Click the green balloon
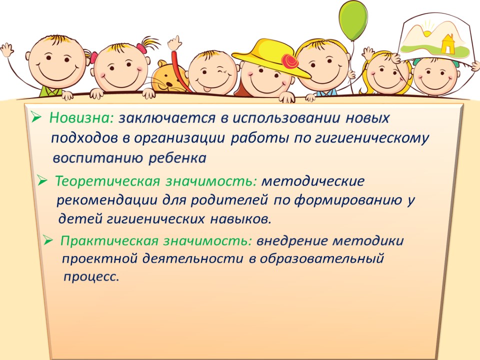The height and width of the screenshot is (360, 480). point(353,21)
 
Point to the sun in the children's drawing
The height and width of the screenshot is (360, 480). point(427,31)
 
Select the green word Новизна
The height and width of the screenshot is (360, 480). point(81,117)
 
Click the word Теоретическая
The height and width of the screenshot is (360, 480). point(107,181)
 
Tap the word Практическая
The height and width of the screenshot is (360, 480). point(109,241)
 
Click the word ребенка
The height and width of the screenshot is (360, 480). point(177,158)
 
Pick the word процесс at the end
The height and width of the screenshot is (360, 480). point(91,276)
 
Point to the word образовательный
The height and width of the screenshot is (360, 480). point(321,258)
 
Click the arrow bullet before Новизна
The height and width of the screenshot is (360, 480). point(36,116)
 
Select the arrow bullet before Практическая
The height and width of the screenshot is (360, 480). point(48,240)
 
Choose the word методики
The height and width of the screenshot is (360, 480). point(368,241)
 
